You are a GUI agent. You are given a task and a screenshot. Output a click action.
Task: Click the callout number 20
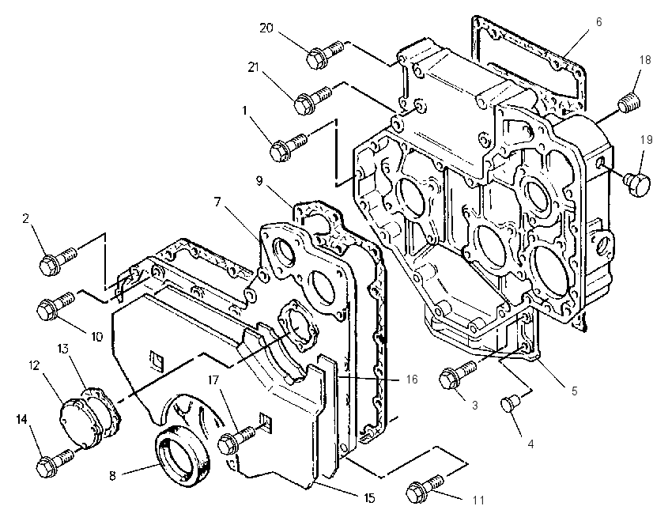266,28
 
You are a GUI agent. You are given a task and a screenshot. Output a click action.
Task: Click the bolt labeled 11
425,488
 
